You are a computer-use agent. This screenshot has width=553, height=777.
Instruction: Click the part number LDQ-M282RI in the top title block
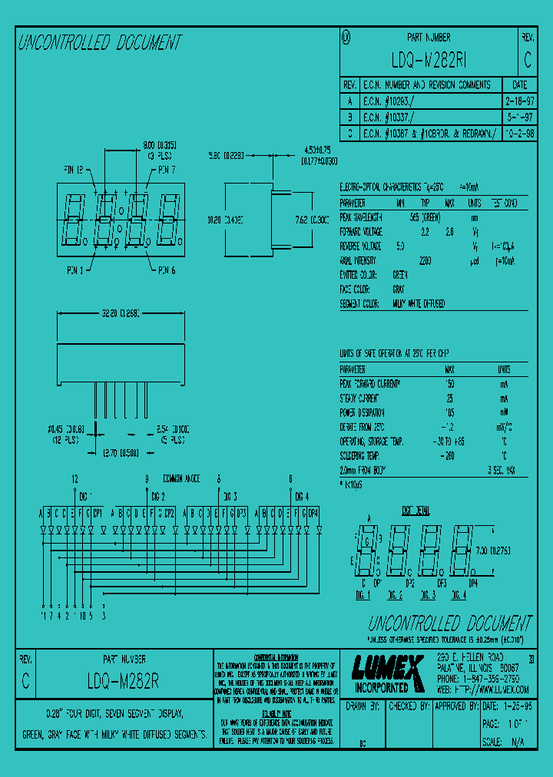pyautogui.click(x=428, y=61)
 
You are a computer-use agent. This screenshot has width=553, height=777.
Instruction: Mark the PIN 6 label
pyautogui.click(x=167, y=270)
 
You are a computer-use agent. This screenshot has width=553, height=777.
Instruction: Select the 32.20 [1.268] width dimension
pyautogui.click(x=118, y=314)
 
